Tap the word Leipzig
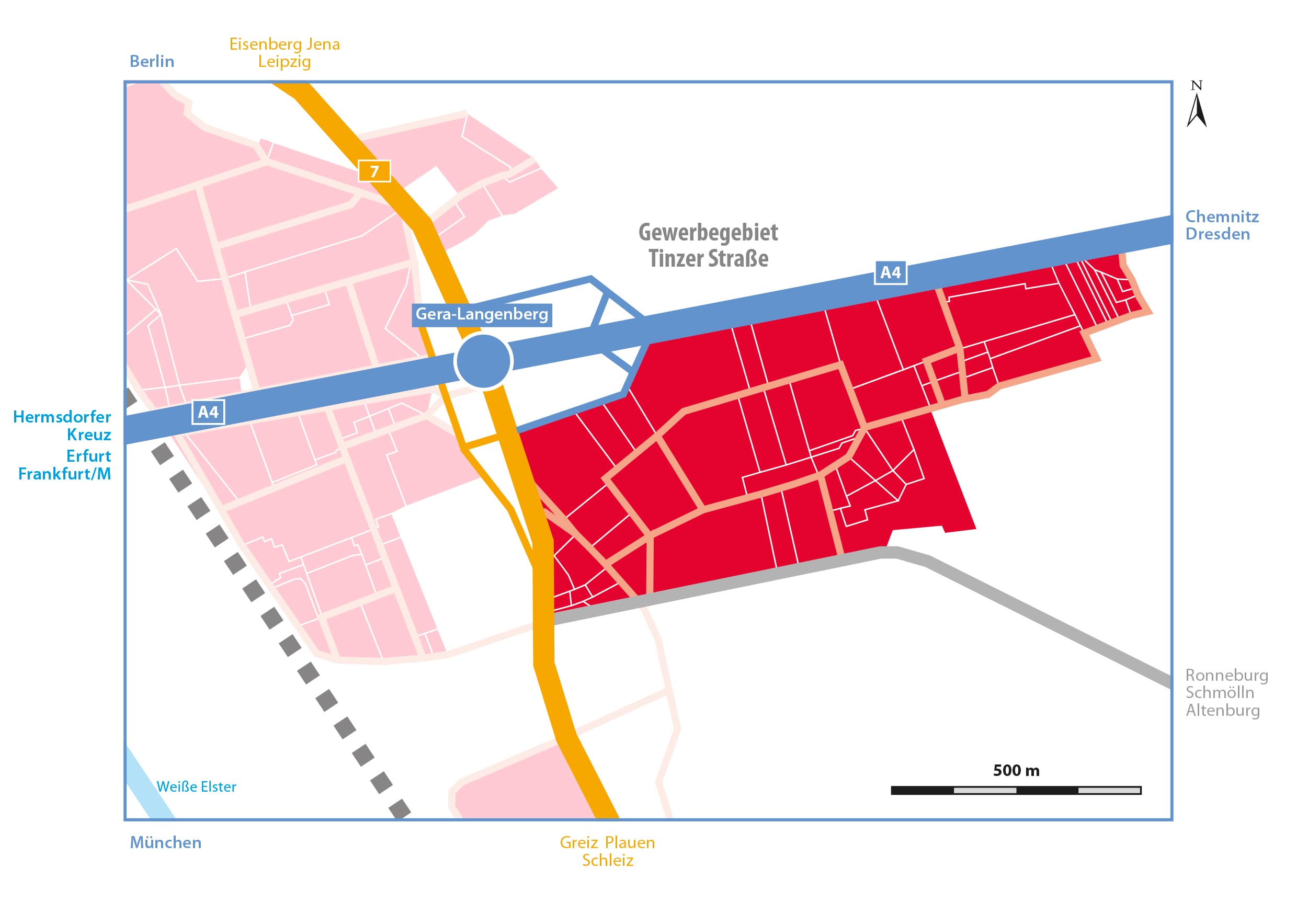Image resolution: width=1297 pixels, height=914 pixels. [x=284, y=62]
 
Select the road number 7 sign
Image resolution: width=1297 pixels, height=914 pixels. [x=374, y=171]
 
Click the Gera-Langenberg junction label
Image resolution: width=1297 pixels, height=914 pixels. [x=482, y=314]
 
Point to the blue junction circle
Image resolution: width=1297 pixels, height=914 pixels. [x=483, y=361]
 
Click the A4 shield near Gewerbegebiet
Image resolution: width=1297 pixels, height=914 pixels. [x=890, y=273]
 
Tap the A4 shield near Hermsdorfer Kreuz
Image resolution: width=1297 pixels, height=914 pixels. [x=208, y=413]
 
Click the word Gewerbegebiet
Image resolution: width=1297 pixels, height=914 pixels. [x=708, y=232]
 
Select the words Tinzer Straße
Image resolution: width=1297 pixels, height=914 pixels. [x=708, y=259]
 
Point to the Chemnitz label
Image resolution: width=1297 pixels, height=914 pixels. [x=1221, y=216]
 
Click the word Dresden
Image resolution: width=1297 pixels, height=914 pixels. [x=1218, y=234]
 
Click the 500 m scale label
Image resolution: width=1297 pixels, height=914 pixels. [x=1016, y=771]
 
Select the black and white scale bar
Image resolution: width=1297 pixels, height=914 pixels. [x=1016, y=790]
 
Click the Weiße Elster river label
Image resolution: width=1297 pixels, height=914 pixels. [x=196, y=786]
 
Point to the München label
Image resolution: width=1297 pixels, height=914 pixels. [x=165, y=842]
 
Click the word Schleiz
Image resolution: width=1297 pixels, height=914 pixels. [x=607, y=860]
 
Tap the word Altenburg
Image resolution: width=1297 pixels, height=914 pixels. [x=1222, y=710]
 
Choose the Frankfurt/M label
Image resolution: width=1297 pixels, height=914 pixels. [x=64, y=474]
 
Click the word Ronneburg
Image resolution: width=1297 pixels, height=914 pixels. [x=1226, y=675]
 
